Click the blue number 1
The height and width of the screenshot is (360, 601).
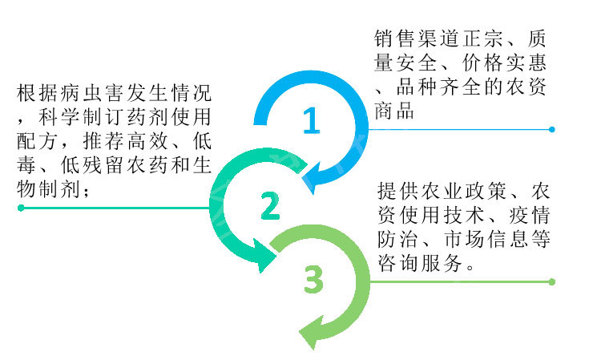pyautogui.click(x=311, y=121)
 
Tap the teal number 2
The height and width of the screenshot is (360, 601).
pyautogui.click(x=270, y=207)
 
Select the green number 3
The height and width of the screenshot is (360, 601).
pyautogui.click(x=313, y=281)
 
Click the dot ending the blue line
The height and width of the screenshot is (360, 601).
pyautogui.click(x=551, y=129)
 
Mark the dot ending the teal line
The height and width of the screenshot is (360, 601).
pyautogui.click(x=20, y=208)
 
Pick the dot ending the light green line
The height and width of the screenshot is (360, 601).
pyautogui.click(x=551, y=281)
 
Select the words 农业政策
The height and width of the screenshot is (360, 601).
pyautogui.click(x=457, y=192)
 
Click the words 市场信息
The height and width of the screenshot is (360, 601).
pyautogui.click(x=498, y=241)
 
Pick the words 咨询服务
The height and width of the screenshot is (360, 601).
pyautogui.click(x=420, y=265)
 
